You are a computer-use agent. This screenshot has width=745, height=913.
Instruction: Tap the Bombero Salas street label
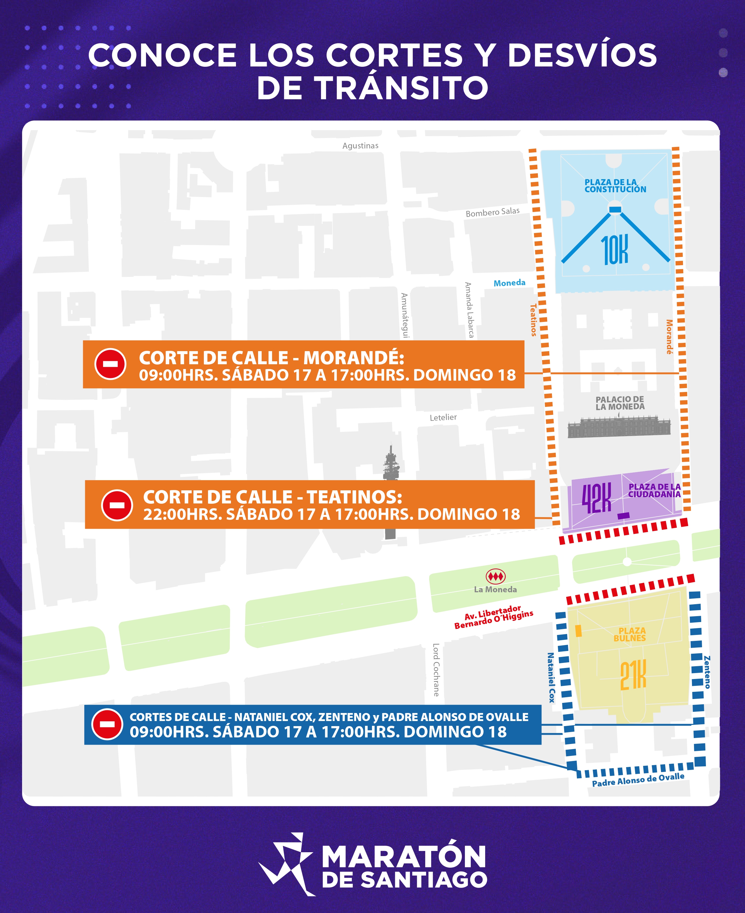(492, 212)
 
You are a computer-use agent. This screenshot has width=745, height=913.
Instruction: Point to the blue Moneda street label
(509, 283)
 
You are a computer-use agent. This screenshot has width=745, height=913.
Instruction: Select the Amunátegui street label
(405, 315)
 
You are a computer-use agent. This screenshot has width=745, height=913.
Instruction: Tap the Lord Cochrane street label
(436, 669)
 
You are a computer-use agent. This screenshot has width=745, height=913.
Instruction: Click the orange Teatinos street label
(533, 320)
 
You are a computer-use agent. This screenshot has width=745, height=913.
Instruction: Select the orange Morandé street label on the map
(669, 337)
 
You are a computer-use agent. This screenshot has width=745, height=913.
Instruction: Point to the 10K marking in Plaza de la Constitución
(614, 249)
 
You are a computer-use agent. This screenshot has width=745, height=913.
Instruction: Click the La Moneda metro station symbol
(495, 576)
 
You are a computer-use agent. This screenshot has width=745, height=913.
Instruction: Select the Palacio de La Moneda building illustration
(619, 426)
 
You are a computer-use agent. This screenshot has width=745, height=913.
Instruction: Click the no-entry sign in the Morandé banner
(110, 364)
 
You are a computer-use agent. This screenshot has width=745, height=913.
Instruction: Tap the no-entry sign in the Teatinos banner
(117, 505)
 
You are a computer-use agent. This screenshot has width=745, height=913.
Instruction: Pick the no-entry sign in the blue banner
(107, 724)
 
